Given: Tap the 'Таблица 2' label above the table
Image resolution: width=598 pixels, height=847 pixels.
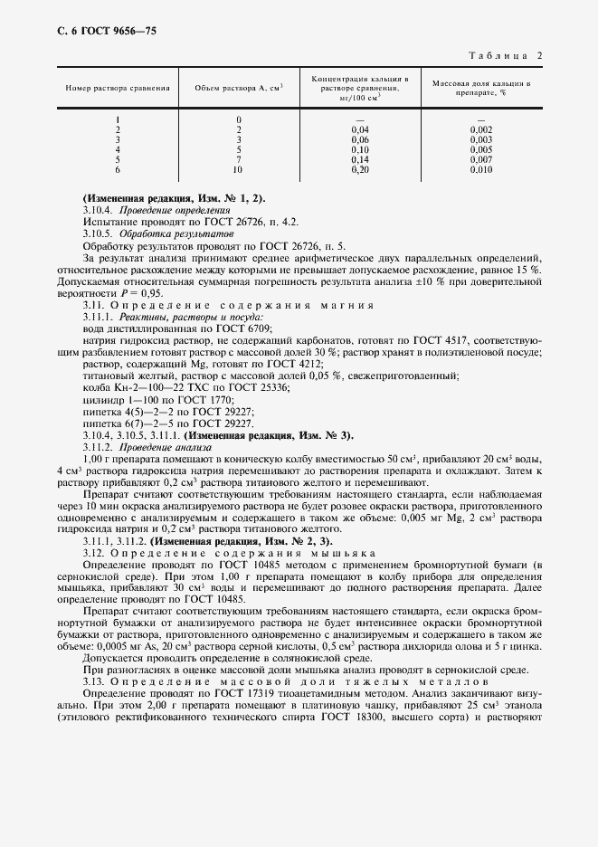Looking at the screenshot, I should [x=509, y=56].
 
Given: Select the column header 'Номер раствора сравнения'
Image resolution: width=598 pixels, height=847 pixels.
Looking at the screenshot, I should [x=118, y=88].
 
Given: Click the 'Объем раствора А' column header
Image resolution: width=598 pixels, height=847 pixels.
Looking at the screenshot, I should [x=239, y=88].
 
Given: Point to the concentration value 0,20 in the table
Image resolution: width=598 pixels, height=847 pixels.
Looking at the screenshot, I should [x=359, y=169].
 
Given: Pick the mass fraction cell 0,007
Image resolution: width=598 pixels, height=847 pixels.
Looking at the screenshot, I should [x=481, y=159].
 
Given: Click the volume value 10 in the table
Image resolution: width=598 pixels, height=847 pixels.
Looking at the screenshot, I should [x=238, y=169].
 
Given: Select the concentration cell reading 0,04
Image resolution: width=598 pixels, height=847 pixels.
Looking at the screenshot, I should [x=359, y=129].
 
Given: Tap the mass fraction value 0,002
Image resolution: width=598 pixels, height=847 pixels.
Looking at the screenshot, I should [x=481, y=129].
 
